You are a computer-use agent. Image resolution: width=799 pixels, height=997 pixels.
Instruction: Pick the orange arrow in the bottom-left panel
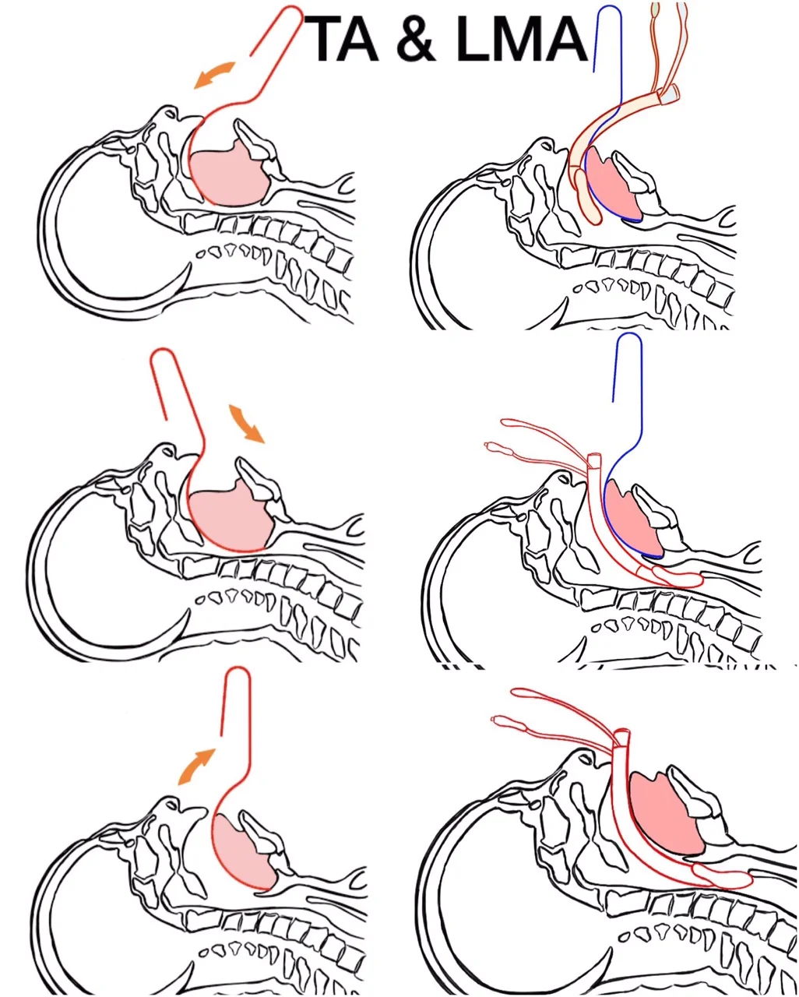[197, 765]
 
